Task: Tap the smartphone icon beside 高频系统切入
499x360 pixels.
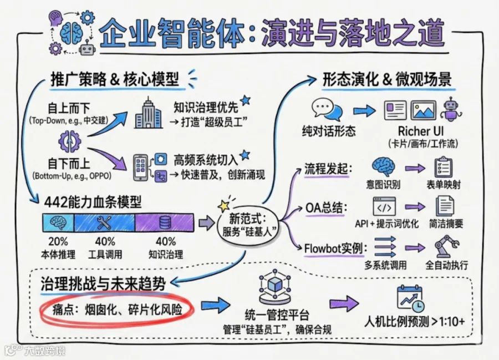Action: click(140, 168)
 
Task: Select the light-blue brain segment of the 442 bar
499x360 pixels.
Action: click(59, 222)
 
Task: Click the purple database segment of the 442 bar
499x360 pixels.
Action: click(164, 222)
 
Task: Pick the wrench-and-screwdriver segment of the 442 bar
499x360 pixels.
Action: click(105, 222)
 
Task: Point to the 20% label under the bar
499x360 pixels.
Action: click(58, 242)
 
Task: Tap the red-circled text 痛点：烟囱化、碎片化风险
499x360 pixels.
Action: click(117, 310)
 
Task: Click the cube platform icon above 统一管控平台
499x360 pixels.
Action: click(274, 286)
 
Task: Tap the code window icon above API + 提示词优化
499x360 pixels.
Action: click(384, 206)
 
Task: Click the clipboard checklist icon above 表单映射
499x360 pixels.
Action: click(444, 167)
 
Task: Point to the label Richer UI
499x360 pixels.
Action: click(420, 131)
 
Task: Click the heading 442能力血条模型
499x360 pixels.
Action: click(93, 202)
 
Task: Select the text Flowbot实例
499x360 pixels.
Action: click(334, 249)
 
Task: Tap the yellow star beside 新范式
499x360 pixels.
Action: click(224, 206)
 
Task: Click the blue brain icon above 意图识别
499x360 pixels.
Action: click(384, 166)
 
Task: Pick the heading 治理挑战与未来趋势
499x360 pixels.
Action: click(103, 283)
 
